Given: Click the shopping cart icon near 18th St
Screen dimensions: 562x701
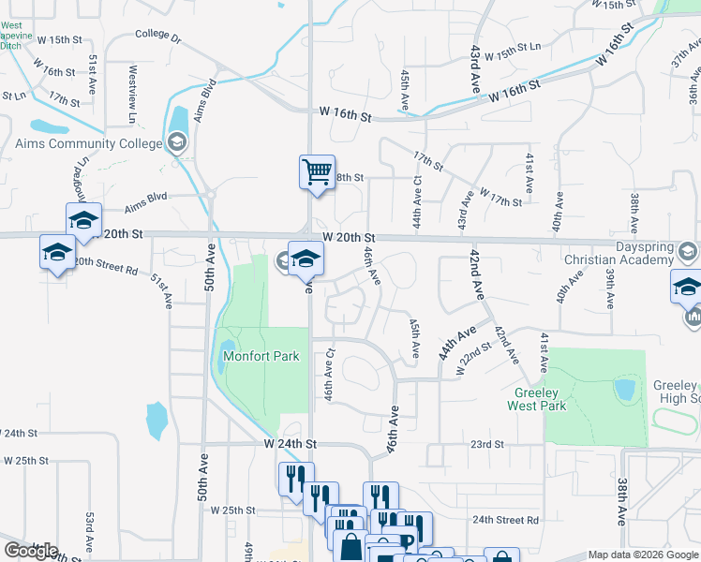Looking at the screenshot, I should point(317,172).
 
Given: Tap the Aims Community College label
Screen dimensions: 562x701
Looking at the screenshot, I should point(89,143).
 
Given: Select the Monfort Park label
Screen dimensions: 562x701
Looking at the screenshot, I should point(261,356).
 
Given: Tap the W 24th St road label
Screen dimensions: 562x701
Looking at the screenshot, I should point(291,442).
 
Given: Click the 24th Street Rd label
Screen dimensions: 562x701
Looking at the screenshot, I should point(505,520).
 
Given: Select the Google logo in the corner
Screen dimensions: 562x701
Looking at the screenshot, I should point(30,551).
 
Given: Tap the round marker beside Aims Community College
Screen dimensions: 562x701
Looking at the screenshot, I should point(177,143).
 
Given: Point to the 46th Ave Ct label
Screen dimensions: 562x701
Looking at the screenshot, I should point(330,375).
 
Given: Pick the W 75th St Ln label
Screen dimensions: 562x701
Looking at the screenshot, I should point(514,47).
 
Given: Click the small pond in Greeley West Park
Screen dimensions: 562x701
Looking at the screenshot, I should point(623,389).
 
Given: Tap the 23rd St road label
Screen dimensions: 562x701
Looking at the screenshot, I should point(487,444).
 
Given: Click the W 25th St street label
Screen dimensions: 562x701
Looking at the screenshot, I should point(233,510).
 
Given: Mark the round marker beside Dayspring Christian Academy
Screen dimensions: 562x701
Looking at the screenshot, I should point(689,251).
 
